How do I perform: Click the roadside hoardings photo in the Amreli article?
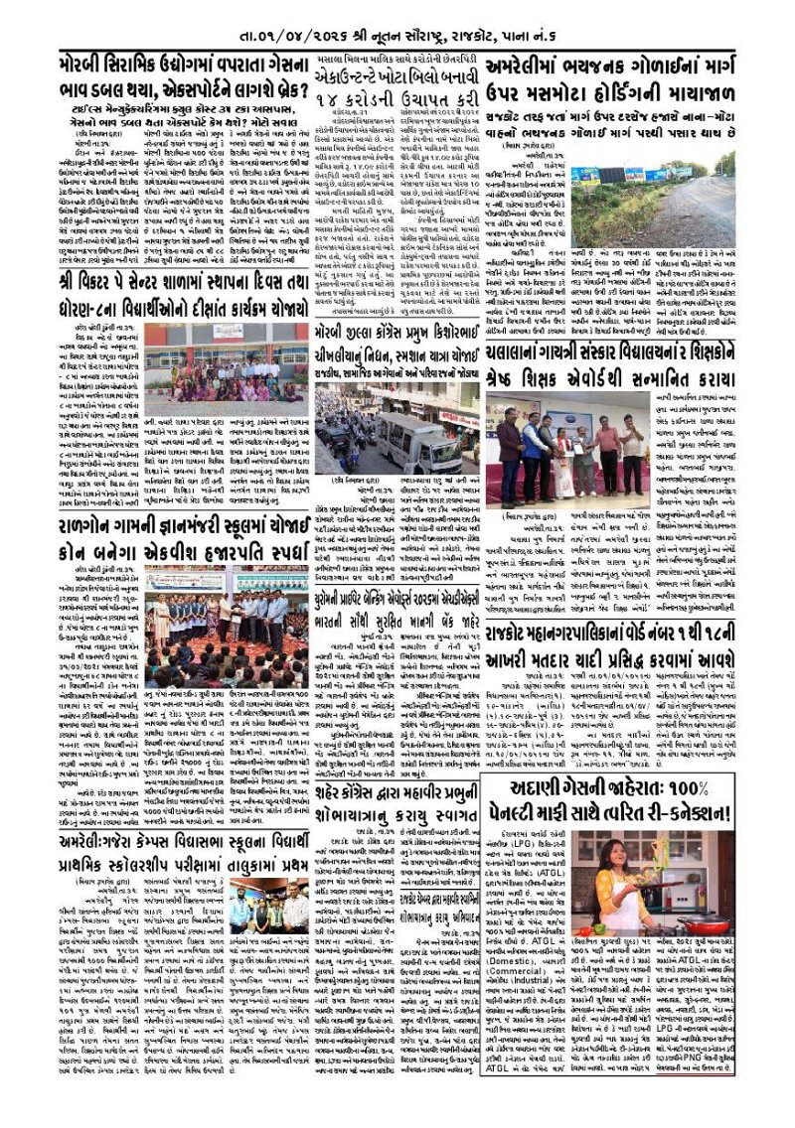(x=669, y=201)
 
